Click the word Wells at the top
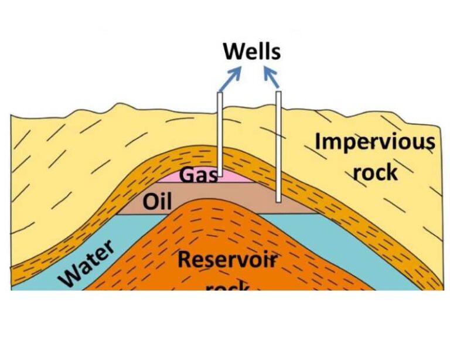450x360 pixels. (252, 52)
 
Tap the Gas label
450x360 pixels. (197, 174)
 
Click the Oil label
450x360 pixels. (157, 202)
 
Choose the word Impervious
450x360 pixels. (375, 141)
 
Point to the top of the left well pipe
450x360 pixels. (220, 94)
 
